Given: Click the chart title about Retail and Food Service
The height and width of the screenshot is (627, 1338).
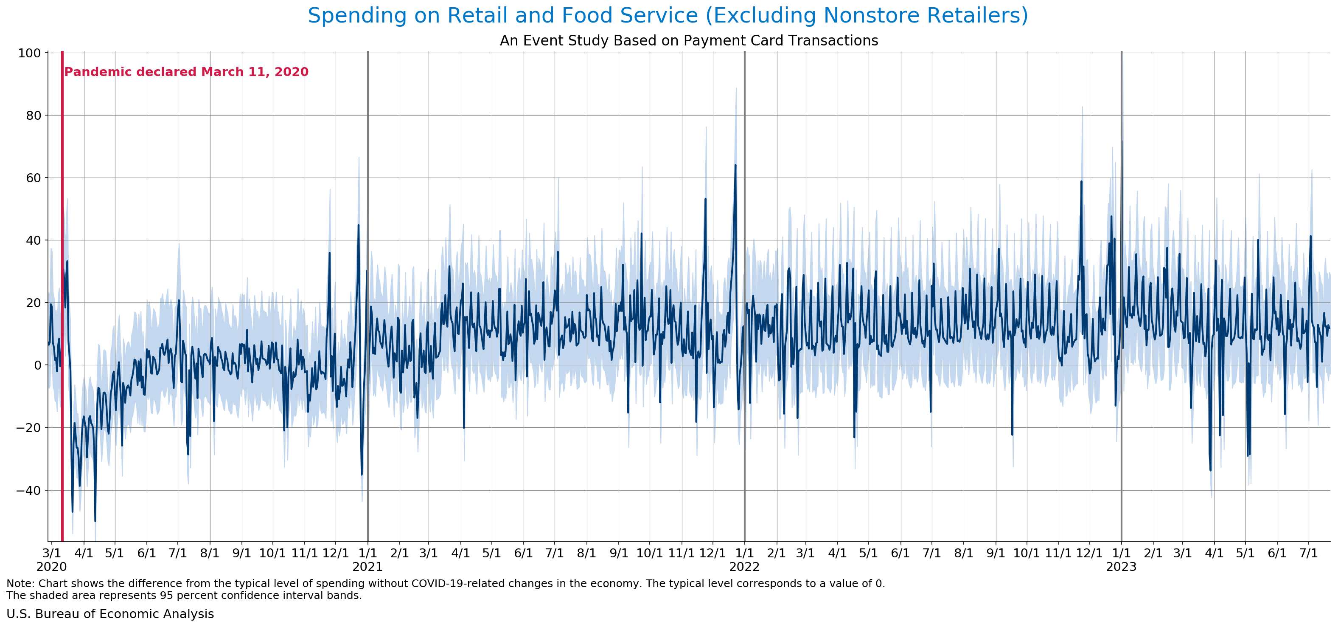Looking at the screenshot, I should pyautogui.click(x=668, y=16).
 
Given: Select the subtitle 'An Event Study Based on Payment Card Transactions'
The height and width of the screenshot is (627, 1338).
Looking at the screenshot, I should pyautogui.click(x=689, y=40).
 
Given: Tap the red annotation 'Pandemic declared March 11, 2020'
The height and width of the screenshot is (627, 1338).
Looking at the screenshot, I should pyautogui.click(x=186, y=72).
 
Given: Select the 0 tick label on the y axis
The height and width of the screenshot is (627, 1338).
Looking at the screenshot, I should pyautogui.click(x=37, y=365).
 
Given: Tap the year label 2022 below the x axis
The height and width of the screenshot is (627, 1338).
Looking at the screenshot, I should pyautogui.click(x=744, y=567).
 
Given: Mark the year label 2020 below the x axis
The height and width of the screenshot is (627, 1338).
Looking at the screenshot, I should pyautogui.click(x=51, y=567).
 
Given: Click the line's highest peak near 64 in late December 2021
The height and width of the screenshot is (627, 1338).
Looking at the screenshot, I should pyautogui.click(x=735, y=165).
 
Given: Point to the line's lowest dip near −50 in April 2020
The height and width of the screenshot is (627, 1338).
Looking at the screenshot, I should pyautogui.click(x=95, y=520).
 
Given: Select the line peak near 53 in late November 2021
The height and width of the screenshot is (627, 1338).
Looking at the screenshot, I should pyautogui.click(x=705, y=199).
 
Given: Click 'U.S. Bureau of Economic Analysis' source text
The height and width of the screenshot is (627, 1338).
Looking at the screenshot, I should pyautogui.click(x=110, y=614).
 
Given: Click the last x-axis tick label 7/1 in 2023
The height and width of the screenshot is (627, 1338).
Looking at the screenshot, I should pyautogui.click(x=1308, y=553).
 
